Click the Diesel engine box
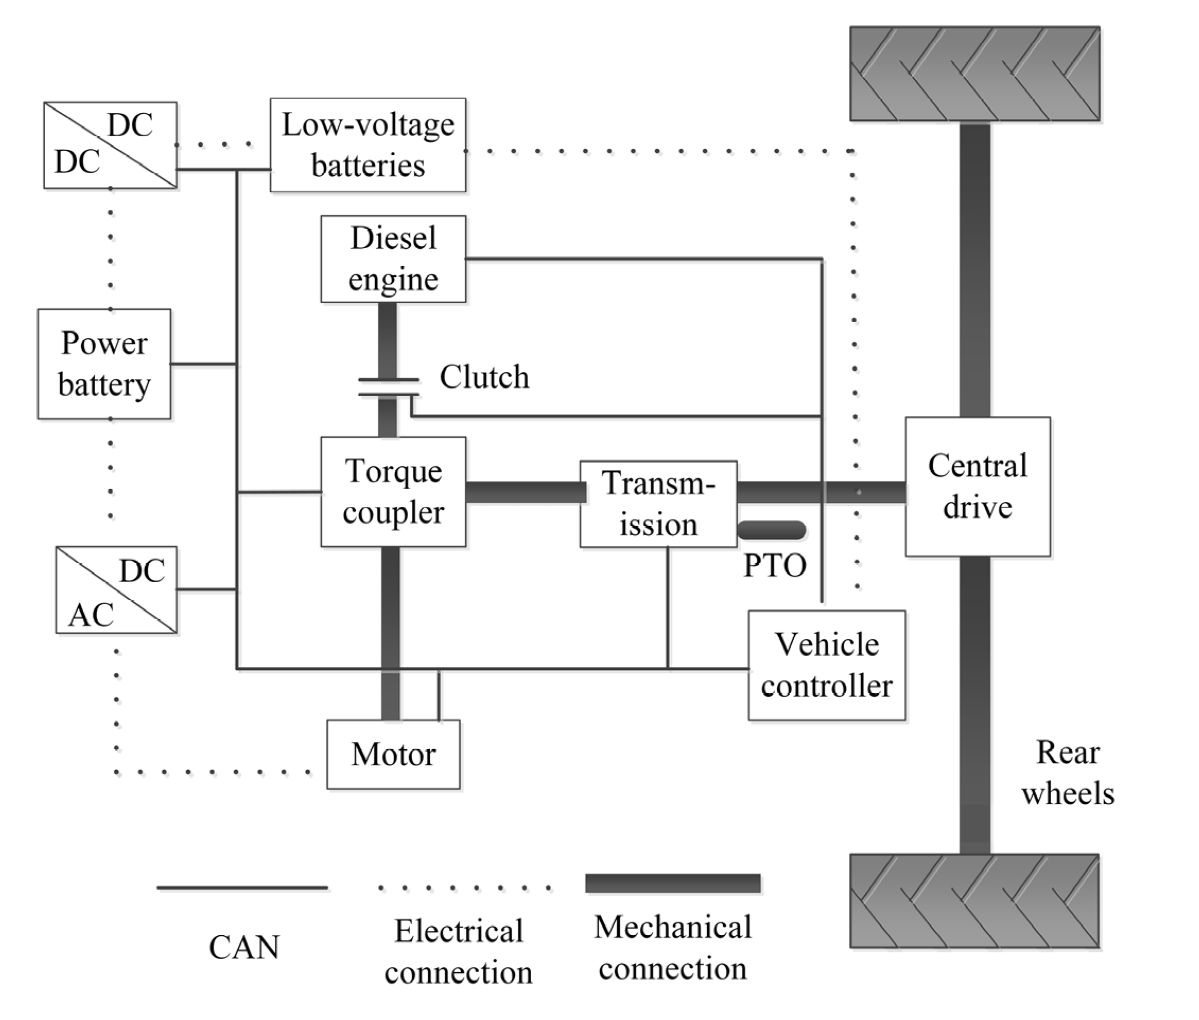point(393,258)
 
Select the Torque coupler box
point(393,492)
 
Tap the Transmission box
point(658,504)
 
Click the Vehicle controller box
point(826,665)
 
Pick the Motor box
point(393,754)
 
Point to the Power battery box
point(104,364)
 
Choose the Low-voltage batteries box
point(368,145)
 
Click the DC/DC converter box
point(110,145)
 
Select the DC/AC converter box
point(116,590)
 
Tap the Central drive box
point(977,486)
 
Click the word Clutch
point(484,377)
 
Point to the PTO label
point(775,565)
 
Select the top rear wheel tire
point(975,73)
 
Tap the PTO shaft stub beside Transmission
point(771,530)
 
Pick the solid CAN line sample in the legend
point(242,887)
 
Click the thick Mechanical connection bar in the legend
point(673,883)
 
